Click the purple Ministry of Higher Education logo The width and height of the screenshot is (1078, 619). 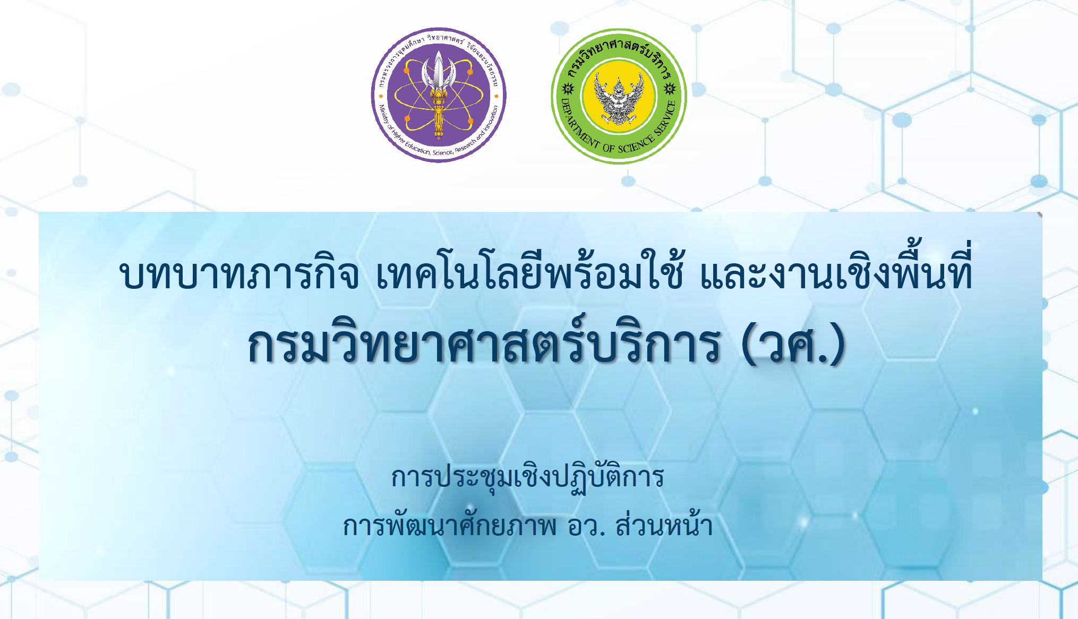(439, 95)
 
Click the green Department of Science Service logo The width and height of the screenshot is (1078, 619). (619, 96)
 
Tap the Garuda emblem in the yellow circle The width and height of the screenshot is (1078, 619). (619, 99)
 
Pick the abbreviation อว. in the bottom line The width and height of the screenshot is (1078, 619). (586, 526)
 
